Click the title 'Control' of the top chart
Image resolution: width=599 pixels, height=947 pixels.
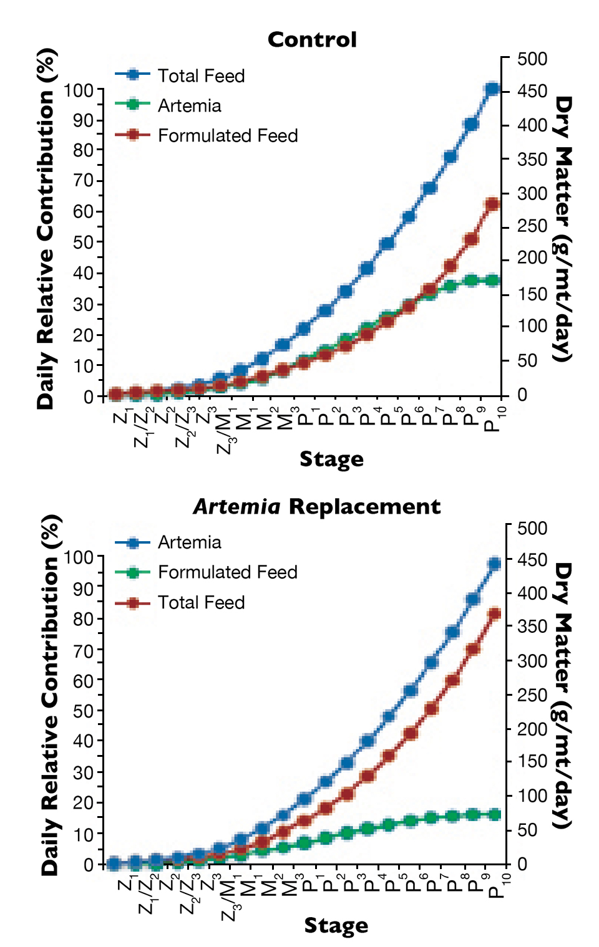pos(312,40)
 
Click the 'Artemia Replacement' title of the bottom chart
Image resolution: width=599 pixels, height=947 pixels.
pos(316,506)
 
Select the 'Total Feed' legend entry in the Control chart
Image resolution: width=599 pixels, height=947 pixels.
pos(200,76)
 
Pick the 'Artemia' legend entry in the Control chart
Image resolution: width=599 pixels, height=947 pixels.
pos(189,106)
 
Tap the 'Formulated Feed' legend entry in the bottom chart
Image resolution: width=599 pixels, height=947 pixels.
pos(227,572)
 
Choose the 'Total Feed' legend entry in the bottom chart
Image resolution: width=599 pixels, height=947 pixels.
pos(200,603)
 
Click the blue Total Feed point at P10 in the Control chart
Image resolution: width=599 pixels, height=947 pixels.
pos(492,89)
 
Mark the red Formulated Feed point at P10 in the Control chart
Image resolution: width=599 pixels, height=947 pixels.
pos(492,204)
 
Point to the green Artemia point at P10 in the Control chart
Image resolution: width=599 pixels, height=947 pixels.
pos(492,281)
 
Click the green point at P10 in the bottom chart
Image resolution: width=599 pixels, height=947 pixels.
pos(495,814)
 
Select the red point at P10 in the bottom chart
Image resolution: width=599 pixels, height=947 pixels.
pos(495,614)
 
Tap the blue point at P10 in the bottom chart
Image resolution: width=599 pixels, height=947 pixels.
pos(495,564)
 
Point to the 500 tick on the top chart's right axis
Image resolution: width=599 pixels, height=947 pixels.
pos(532,59)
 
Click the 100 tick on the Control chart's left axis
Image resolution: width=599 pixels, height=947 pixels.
pos(78,90)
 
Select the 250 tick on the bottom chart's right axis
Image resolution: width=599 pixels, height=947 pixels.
pos(532,695)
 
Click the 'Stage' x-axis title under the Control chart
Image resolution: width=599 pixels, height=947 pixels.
pos(331,459)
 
